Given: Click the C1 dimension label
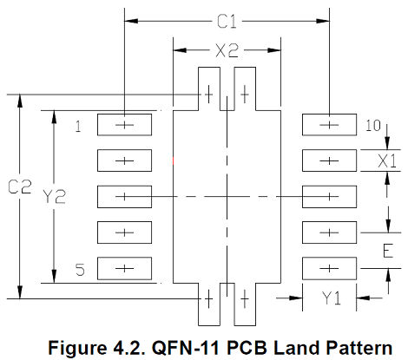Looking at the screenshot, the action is tap(227, 22).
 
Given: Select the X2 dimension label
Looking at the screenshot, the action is tap(227, 50).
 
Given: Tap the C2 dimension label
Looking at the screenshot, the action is tap(19, 187).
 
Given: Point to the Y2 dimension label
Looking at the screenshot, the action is tap(54, 196).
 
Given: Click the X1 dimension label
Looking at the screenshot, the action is tap(387, 160).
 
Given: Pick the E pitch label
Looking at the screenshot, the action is tap(388, 251).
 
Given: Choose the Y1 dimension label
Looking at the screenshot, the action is tap(332, 298).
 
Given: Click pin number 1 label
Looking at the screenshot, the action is tap(78, 127).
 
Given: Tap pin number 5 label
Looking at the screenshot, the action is tap(80, 270).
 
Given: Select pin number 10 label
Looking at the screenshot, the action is tap(373, 126).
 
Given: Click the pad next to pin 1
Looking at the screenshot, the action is tap(124, 125).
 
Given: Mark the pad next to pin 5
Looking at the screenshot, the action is tap(124, 269).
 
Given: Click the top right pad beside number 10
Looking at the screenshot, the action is tap(329, 125).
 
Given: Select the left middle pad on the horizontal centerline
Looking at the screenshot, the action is tap(124, 197).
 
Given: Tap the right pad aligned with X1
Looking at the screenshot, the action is tap(329, 160).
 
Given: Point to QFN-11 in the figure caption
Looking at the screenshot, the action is tap(187, 348).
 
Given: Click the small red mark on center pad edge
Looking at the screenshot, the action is tap(173, 160).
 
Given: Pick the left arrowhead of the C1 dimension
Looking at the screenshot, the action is tap(131, 21).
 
